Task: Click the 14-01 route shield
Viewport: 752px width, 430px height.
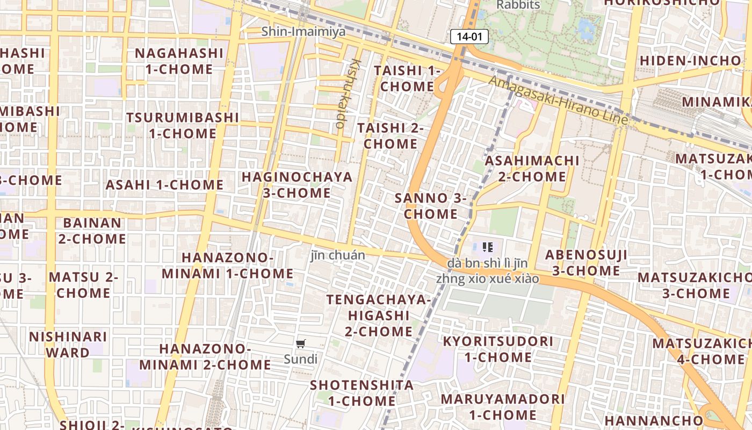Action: [469, 37]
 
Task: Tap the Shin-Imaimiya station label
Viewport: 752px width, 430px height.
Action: [303, 32]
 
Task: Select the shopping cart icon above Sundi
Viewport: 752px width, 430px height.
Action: [301, 343]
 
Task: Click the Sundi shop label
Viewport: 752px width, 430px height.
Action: [301, 359]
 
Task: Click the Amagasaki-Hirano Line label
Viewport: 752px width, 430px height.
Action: [559, 101]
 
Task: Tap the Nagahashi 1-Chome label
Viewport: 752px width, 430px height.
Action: [179, 61]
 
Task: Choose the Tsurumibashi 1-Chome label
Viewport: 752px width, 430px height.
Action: [183, 125]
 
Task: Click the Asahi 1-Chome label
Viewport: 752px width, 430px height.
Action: [164, 185]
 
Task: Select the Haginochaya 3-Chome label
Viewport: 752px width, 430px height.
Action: [297, 185]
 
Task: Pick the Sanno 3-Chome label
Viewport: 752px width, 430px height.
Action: [431, 206]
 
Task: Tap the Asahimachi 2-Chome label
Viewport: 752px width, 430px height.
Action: [532, 169]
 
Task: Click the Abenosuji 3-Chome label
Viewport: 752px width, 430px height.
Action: [586, 262]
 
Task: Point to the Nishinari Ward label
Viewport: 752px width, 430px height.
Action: [68, 345]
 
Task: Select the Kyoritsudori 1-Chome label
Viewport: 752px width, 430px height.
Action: [498, 349]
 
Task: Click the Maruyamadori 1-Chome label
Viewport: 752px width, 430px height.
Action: [503, 407]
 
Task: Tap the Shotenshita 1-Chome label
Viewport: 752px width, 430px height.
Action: [362, 393]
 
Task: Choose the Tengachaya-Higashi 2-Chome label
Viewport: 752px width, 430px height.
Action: [379, 315]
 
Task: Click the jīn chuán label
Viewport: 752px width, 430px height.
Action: [338, 255]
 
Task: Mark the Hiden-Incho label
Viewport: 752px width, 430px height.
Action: [690, 60]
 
